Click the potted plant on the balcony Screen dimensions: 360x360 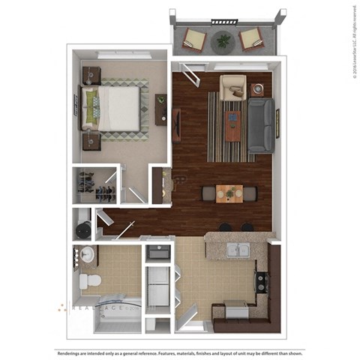click(223, 41)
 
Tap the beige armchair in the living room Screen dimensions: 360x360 click(232, 88)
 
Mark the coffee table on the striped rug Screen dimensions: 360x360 click(233, 124)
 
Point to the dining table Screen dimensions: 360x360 click(229, 193)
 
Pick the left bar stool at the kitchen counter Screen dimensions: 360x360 click(224, 226)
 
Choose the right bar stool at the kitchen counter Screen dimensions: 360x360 click(247, 226)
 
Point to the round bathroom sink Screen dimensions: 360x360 click(86, 253)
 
